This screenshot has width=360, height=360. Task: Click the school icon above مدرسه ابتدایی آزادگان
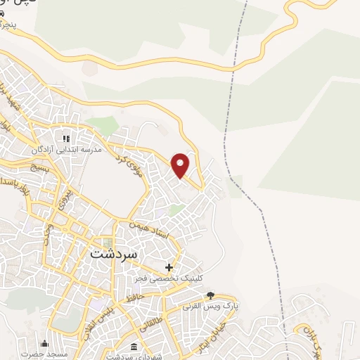[67, 139]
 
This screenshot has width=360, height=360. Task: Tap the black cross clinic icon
[169, 267]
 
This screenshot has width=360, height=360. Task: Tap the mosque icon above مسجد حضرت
[45, 343]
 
